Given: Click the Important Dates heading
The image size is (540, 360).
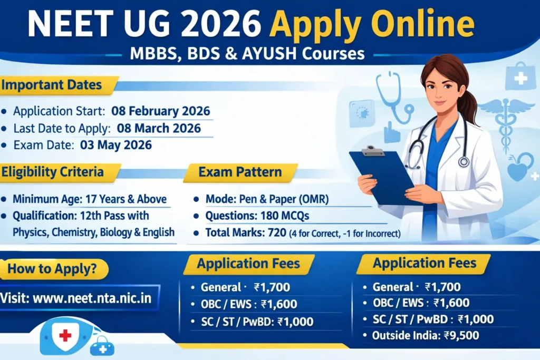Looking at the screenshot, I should pyautogui.click(x=51, y=85).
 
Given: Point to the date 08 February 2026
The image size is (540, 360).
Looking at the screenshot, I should pyautogui.click(x=161, y=112).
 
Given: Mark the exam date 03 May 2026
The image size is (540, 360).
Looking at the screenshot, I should pyautogui.click(x=115, y=145).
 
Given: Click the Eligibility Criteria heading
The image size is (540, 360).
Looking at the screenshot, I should pyautogui.click(x=53, y=172).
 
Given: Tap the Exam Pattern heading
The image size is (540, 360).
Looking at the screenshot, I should pyautogui.click(x=240, y=172).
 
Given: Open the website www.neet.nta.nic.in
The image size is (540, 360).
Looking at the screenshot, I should pyautogui.click(x=92, y=298).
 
